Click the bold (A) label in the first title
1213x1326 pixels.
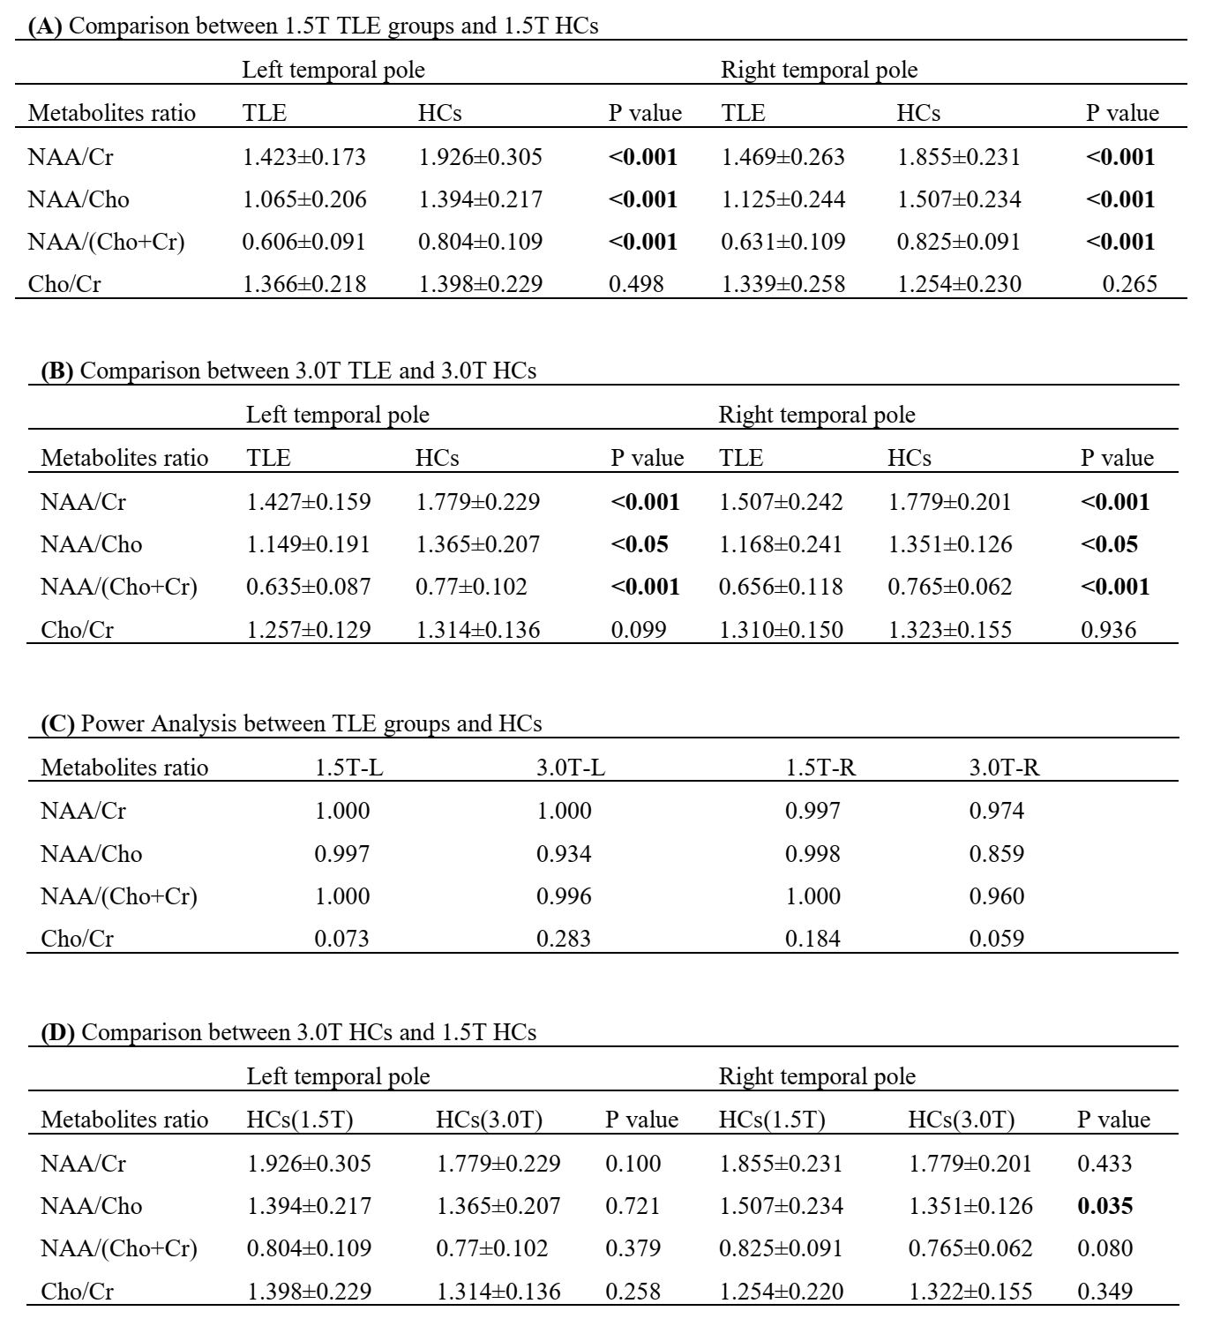pyautogui.click(x=45, y=26)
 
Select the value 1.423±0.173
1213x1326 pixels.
pyautogui.click(x=303, y=157)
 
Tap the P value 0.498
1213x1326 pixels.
pyautogui.click(x=635, y=284)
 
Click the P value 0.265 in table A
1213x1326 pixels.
pyautogui.click(x=1129, y=284)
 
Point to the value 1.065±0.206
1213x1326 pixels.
pyautogui.click(x=303, y=199)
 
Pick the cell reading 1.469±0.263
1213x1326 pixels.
pyautogui.click(x=782, y=157)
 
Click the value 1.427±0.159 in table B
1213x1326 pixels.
pyautogui.click(x=308, y=502)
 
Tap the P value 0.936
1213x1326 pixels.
pyautogui.click(x=1108, y=630)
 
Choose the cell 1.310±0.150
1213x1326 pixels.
pyautogui.click(x=781, y=630)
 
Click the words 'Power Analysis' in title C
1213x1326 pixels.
pyautogui.click(x=160, y=723)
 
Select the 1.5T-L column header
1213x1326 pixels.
pyautogui.click(x=349, y=768)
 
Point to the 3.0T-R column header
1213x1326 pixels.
pyautogui.click(x=1004, y=768)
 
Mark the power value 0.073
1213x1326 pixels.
pyautogui.click(x=342, y=939)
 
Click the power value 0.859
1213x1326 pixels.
pyautogui.click(x=996, y=854)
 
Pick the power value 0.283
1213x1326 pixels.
pyautogui.click(x=564, y=939)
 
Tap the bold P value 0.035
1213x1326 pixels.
pyautogui.click(x=1104, y=1206)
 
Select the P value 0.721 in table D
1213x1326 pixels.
pyautogui.click(x=633, y=1206)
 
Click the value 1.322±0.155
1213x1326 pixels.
pyautogui.click(x=970, y=1292)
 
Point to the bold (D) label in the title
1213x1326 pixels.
pyautogui.click(x=58, y=1032)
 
